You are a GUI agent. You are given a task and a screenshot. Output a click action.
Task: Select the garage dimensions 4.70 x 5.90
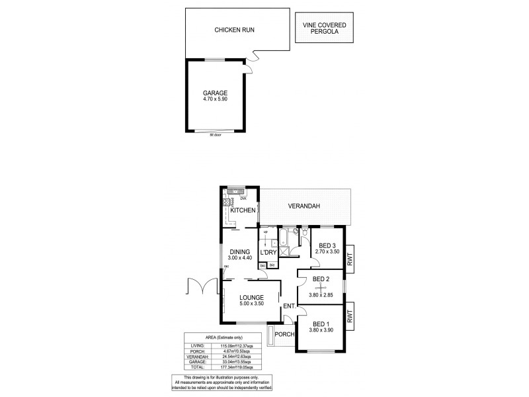click(216, 99)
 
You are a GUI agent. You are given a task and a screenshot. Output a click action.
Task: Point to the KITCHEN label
click(243, 210)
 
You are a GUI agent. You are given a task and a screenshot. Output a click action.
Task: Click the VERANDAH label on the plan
click(304, 206)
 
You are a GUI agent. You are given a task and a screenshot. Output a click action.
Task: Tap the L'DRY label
click(268, 253)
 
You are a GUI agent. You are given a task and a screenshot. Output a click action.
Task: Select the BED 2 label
click(321, 279)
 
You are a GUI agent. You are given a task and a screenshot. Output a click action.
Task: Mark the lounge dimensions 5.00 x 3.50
click(252, 304)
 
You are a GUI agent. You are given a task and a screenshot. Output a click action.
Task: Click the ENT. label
click(289, 306)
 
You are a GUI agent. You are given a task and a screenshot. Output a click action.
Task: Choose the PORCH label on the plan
click(284, 334)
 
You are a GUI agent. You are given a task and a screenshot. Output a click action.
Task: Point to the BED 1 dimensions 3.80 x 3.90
click(321, 331)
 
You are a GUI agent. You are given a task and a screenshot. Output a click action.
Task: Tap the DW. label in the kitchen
click(243, 198)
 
